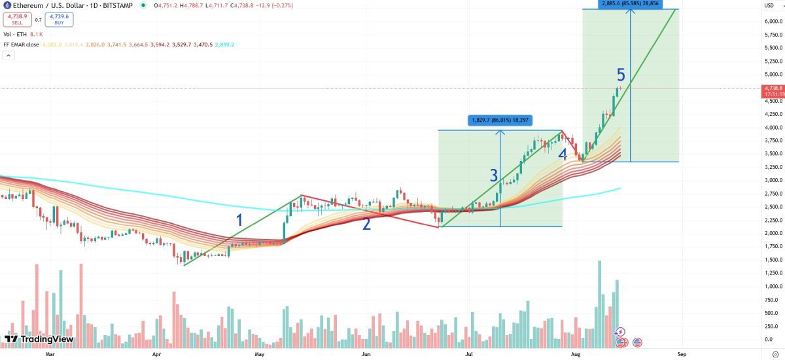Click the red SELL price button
pyautogui.click(x=17, y=20)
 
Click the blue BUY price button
pyautogui.click(x=60, y=20)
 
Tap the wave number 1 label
pyautogui.click(x=239, y=220)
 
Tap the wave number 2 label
pyautogui.click(x=367, y=224)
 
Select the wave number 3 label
pyautogui.click(x=494, y=175)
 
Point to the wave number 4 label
pyautogui.click(x=563, y=154)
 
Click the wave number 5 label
pyautogui.click(x=621, y=75)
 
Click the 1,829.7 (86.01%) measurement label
pyautogui.click(x=500, y=120)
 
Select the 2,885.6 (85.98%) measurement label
pyautogui.click(x=631, y=4)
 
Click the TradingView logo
pyautogui.click(x=39, y=339)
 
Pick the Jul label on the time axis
pyautogui.click(x=469, y=353)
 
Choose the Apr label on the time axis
pyautogui.click(x=156, y=353)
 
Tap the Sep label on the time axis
pyautogui.click(x=682, y=353)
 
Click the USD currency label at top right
pyautogui.click(x=769, y=5)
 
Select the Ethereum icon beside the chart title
pyautogui.click(x=6, y=5)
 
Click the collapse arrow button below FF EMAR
pyautogui.click(x=8, y=56)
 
